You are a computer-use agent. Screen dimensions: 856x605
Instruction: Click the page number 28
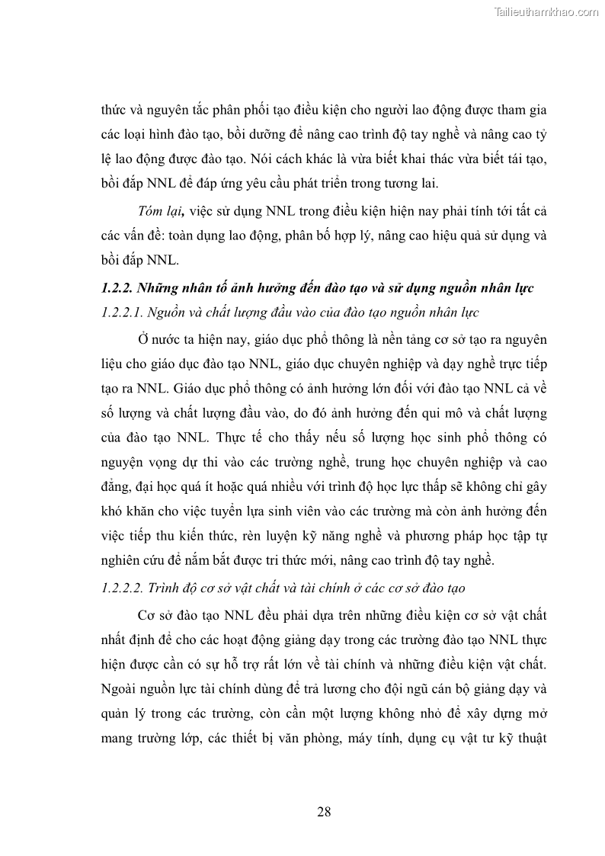click(324, 810)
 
